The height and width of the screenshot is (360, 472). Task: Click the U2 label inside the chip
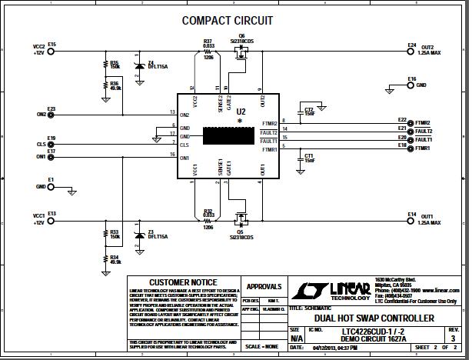point(241,112)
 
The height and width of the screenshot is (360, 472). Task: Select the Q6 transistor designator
point(241,35)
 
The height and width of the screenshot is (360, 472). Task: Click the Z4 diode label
point(151,62)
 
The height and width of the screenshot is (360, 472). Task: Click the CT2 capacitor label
point(309,109)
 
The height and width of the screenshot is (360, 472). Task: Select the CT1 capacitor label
point(309,155)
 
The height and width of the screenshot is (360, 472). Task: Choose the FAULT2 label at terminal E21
point(424,131)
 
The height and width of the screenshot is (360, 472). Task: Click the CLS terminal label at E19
point(41,144)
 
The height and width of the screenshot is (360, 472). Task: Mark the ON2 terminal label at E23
point(41,115)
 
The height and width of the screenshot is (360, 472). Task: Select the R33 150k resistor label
point(115,232)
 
